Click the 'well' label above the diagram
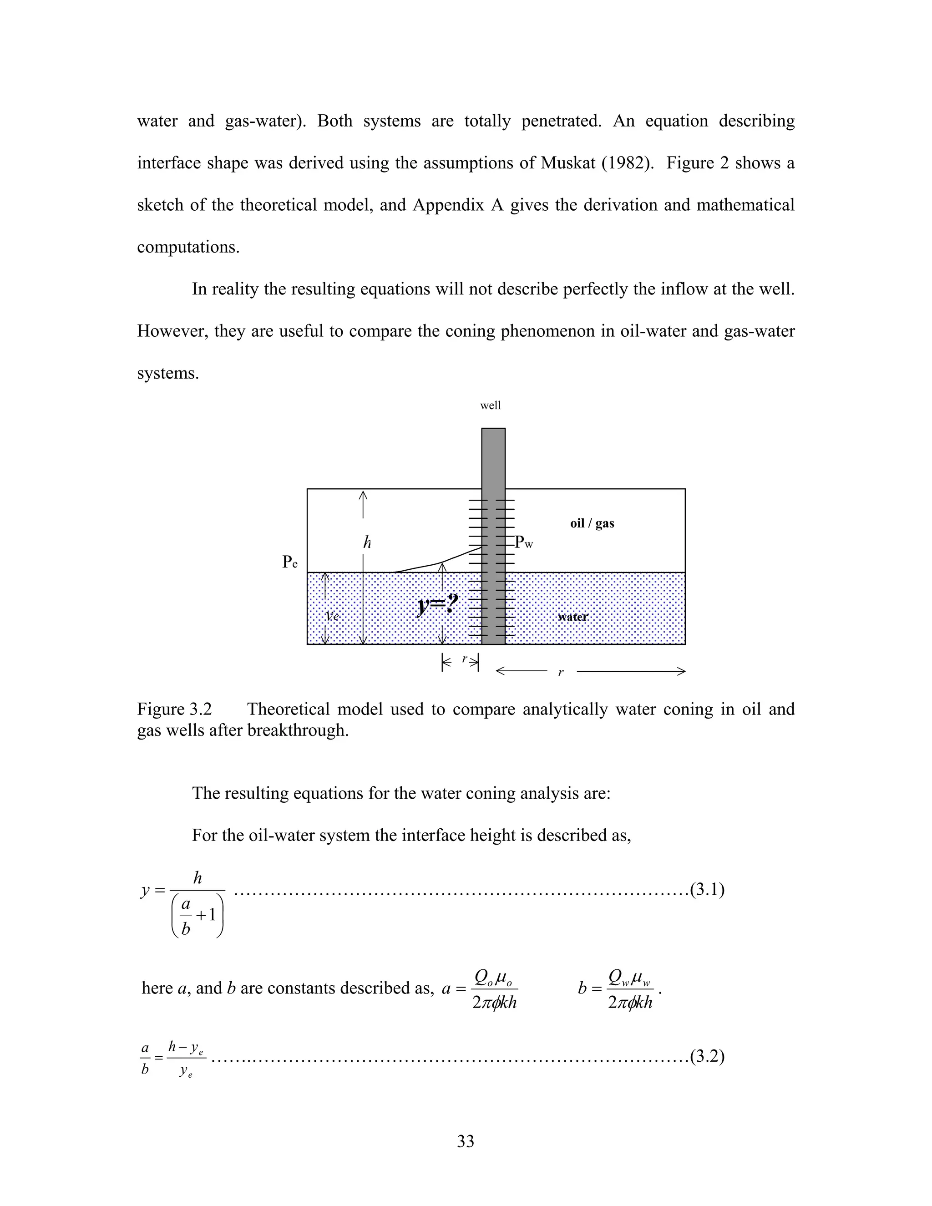[490, 406]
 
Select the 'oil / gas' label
[592, 523]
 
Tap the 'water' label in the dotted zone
[572, 617]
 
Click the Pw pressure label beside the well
[523, 543]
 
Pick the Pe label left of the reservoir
[290, 562]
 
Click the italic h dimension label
[367, 543]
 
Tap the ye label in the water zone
[332, 616]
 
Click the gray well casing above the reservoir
[493, 458]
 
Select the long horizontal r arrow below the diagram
[591, 671]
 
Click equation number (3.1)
[707, 890]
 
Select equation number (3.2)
[707, 1056]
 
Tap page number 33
[466, 1141]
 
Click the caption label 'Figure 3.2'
[174, 709]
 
